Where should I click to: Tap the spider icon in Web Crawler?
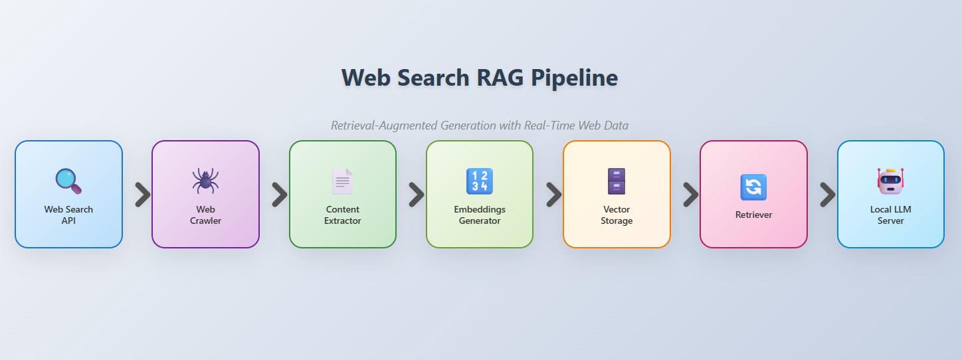click(205, 181)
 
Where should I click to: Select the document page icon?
click(343, 181)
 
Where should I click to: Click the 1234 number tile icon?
click(480, 181)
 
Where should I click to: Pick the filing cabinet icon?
click(617, 181)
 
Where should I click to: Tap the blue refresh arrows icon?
click(753, 187)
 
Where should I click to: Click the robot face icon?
click(890, 181)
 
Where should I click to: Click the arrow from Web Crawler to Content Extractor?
click(280, 195)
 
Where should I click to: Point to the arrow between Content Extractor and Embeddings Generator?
click(417, 195)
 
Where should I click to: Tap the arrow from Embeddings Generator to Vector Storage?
click(554, 195)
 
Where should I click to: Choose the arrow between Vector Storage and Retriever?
click(691, 195)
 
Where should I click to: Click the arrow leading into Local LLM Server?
click(828, 195)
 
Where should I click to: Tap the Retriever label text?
click(753, 215)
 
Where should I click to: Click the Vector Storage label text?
click(617, 215)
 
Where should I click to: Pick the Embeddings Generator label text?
click(480, 215)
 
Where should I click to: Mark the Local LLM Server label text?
click(890, 215)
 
